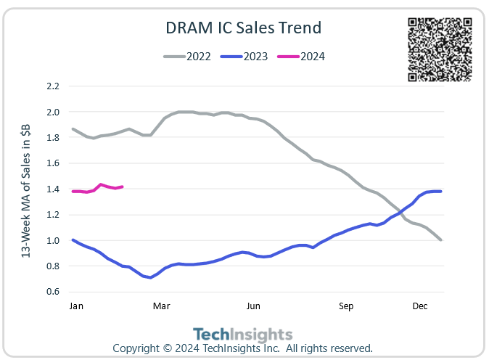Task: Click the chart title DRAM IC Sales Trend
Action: [x=244, y=28]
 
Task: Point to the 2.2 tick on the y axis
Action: [x=52, y=86]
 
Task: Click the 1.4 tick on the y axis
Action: [x=52, y=189]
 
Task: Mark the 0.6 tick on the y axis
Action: [x=52, y=292]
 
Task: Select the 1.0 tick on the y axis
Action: [x=52, y=240]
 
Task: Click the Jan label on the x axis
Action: [x=75, y=306]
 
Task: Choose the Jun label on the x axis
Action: [x=253, y=306]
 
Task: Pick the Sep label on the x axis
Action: [x=346, y=306]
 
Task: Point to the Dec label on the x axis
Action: [x=420, y=306]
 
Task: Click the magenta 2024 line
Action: [x=101, y=185]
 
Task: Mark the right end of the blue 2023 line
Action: [x=440, y=192]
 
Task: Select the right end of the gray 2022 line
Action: [x=440, y=240]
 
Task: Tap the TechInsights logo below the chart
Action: [x=244, y=334]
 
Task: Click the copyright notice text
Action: [x=242, y=348]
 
